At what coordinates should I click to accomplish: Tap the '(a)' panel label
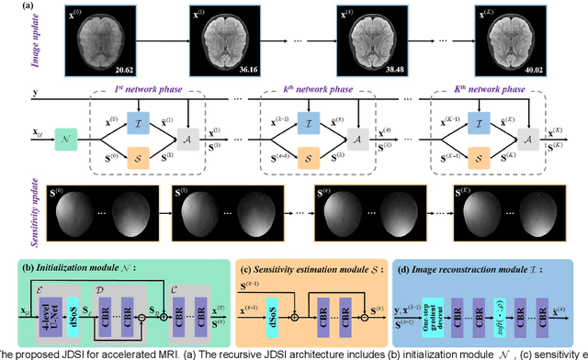click(x=14, y=6)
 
